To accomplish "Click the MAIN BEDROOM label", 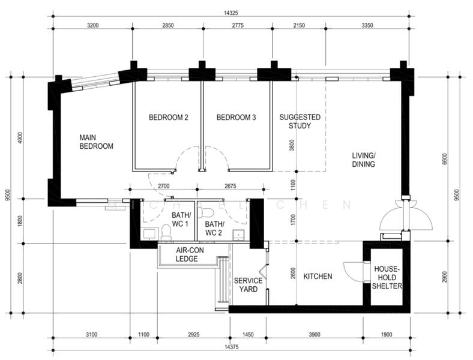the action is point(96,142).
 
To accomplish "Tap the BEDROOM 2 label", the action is point(168,117).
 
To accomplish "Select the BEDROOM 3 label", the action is point(236,117).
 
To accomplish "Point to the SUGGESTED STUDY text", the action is point(300,121).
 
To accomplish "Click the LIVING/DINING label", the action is point(364,160).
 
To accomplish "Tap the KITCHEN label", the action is point(318,276).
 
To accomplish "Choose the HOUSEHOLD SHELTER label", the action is point(387,277).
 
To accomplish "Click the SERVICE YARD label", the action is point(249,285).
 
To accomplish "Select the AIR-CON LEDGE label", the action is point(190,254).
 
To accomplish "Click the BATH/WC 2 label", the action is point(214,228).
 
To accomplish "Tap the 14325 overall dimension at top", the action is point(230,13).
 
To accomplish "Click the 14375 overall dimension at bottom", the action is point(231,347).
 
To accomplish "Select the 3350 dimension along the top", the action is point(367,25).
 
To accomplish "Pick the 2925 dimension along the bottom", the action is point(193,334).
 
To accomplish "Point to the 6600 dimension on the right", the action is point(444,159).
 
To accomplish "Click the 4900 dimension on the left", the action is point(20,138).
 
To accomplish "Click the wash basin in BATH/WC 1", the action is point(149,233).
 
